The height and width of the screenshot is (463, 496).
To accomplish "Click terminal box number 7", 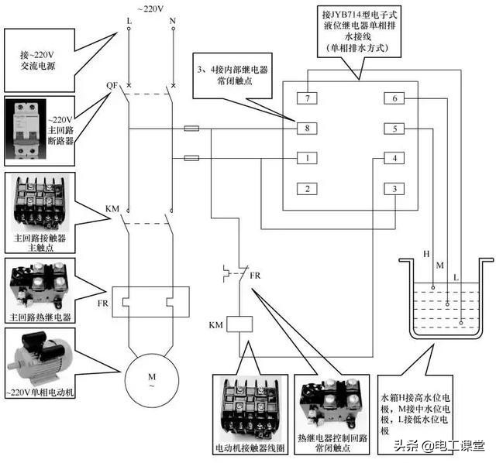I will pos(308,98).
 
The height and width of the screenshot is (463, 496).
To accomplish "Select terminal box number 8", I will pos(308,129).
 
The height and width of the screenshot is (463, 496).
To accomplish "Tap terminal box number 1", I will pos(308,159).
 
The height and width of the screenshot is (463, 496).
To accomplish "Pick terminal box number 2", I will pos(308,189).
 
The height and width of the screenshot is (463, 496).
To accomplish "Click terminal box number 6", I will pos(394,98).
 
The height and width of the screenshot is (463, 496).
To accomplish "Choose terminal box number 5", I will pos(394,129).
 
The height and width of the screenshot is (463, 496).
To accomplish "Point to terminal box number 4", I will pos(394,159).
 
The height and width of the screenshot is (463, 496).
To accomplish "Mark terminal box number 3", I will pos(394,189).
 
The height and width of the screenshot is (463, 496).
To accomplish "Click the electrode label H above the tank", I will pos(425,254).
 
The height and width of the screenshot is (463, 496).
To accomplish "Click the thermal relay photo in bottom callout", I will pos(331,403).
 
